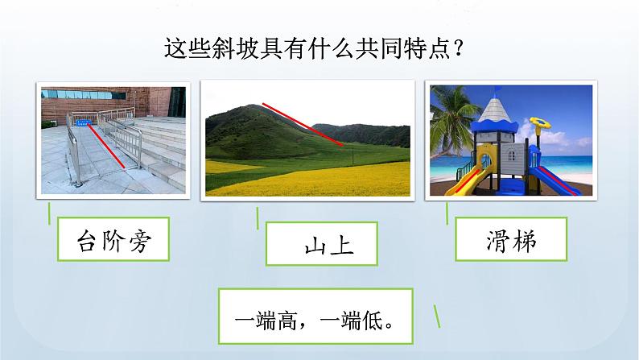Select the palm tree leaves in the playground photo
click(x=451, y=105)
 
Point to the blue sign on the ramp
click(x=82, y=122)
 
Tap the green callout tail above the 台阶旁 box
click(x=48, y=213)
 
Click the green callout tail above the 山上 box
click(x=258, y=218)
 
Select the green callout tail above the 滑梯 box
click(x=447, y=213)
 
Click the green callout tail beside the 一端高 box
click(x=438, y=316)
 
